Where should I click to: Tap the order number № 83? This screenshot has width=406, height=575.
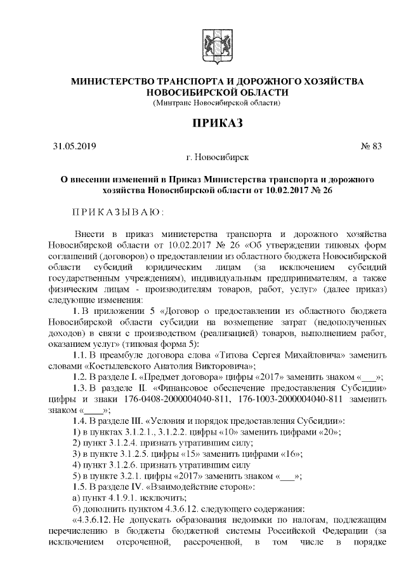[371, 146]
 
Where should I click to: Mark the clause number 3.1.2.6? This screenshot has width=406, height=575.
[122, 464]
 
